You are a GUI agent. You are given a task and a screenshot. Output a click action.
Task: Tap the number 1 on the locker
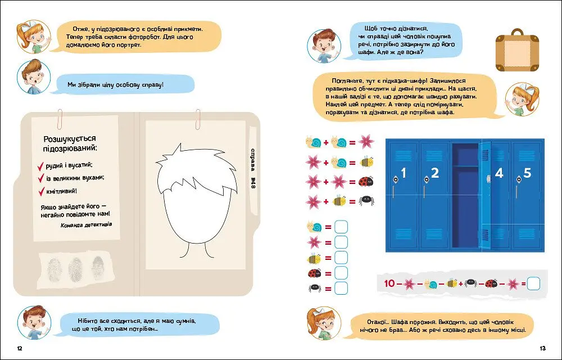pos(404,173)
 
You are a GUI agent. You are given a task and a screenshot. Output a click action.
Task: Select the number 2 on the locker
pos(435,173)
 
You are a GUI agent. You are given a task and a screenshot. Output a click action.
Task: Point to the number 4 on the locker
pos(499,173)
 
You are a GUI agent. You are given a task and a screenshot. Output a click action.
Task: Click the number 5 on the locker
pos(527,173)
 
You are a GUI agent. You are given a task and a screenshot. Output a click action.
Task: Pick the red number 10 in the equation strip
pos(389,283)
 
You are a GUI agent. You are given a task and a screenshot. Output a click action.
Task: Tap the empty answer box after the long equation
pos(533,283)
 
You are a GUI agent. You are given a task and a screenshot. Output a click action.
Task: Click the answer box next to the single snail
pos(341,227)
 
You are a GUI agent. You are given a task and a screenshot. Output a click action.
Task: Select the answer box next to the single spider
pos(341,288)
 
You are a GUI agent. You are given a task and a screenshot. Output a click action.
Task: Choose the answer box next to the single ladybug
pos(341,273)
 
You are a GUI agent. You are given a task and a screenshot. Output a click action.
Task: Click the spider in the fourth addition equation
pos(366,201)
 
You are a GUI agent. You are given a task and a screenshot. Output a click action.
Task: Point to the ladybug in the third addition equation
pos(366,182)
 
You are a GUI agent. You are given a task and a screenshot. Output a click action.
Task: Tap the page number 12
pos(20,348)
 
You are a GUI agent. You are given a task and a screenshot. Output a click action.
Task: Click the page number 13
pos(542,348)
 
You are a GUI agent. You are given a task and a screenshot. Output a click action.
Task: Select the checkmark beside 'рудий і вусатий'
pos(40,166)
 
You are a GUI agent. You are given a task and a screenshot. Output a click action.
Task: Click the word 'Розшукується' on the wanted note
pos(70,139)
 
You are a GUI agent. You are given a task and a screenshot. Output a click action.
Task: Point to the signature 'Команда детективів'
pos(87,225)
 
